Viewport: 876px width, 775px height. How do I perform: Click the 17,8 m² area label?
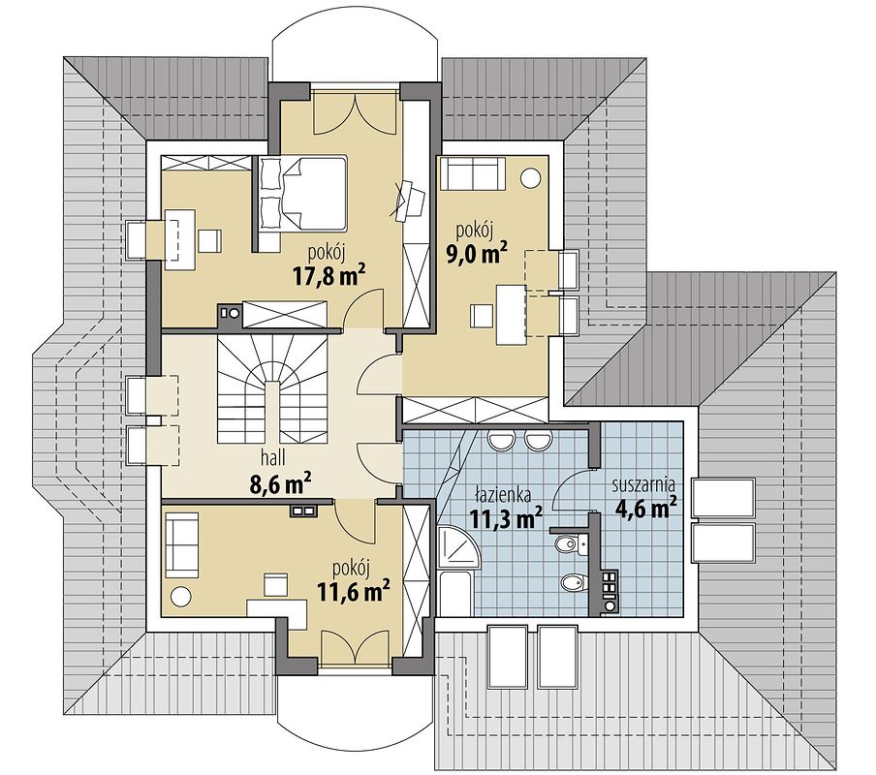point(329,275)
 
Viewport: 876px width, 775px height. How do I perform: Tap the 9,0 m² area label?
point(476,253)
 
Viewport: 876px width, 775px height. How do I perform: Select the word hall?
point(272,458)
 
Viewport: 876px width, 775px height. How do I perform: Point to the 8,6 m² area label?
point(280,484)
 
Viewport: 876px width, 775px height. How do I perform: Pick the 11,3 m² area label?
point(506,518)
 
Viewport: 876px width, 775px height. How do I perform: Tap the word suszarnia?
point(643,483)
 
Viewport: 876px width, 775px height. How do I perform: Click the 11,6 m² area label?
point(353,591)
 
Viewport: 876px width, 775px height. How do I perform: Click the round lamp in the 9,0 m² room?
point(530,178)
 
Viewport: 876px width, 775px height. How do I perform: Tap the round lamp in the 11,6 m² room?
point(181,596)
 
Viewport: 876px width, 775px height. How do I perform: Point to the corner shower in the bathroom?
point(458,545)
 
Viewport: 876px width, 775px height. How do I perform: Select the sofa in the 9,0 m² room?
point(473,173)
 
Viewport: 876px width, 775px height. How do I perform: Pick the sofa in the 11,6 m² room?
point(182,545)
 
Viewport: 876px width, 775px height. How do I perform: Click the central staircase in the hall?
point(272,392)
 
